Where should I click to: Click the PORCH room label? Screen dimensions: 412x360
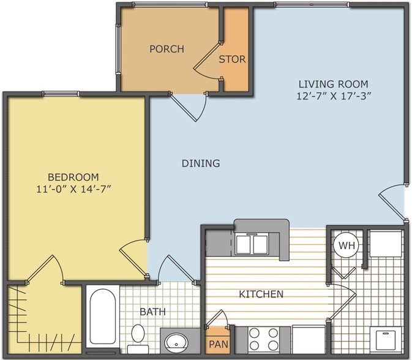click(167, 49)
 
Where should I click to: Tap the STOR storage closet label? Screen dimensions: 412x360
click(232, 59)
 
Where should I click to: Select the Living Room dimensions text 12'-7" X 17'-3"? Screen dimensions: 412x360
click(334, 96)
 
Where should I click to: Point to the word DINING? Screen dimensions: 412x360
click(201, 163)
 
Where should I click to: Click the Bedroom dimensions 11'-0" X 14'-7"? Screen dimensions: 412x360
click(73, 189)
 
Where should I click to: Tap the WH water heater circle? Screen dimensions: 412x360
click(347, 246)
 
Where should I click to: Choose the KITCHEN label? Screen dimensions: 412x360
click(261, 294)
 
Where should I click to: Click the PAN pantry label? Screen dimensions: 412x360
click(219, 344)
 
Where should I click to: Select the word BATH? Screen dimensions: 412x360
click(152, 312)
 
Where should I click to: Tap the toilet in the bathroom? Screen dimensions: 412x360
click(138, 339)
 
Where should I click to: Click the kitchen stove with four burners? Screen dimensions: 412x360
click(263, 340)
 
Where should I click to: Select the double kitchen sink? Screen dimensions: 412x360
click(252, 244)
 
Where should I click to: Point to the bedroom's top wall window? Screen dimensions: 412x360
click(61, 94)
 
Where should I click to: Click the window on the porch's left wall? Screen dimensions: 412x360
click(118, 50)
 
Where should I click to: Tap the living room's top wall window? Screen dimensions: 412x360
click(312, 4)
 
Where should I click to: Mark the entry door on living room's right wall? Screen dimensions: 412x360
click(392, 202)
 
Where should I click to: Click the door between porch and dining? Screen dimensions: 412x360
click(188, 107)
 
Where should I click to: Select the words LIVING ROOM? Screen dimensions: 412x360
click(334, 84)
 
